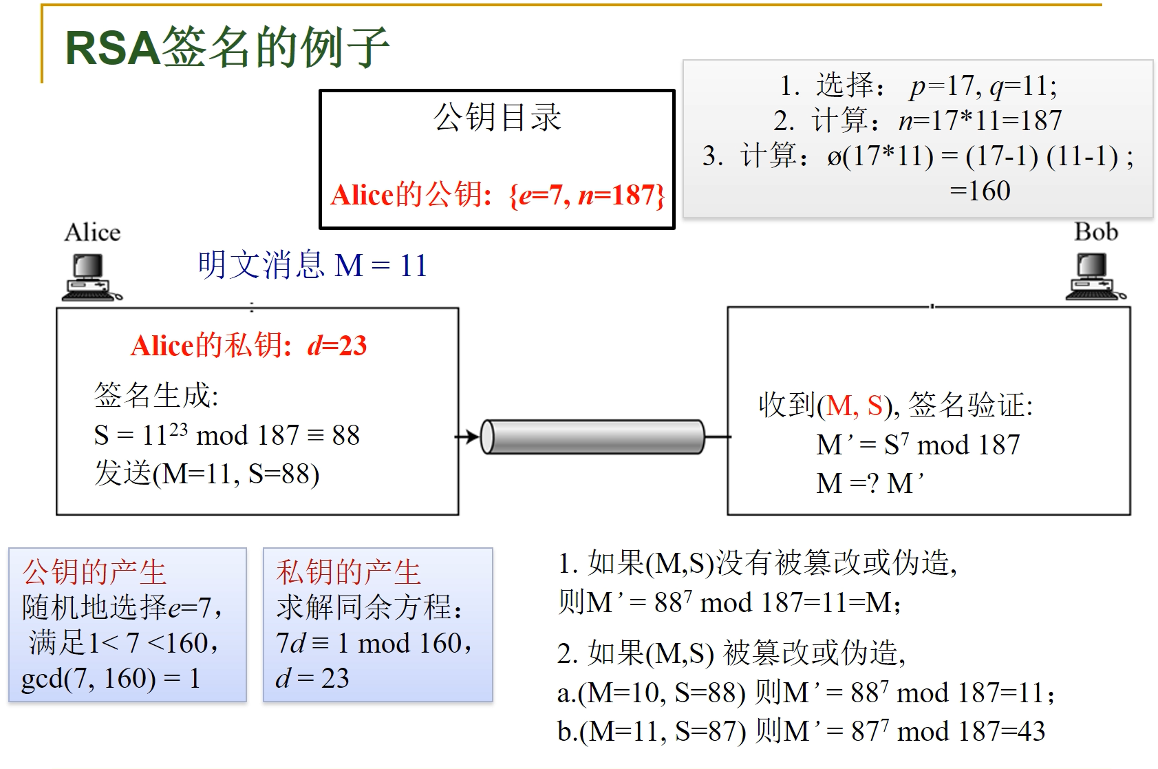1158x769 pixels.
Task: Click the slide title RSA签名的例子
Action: pyautogui.click(x=227, y=48)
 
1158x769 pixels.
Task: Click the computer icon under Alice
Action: pyautogui.click(x=91, y=277)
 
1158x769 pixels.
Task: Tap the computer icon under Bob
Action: pyautogui.click(x=1095, y=277)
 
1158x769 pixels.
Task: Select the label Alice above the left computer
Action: pyautogui.click(x=92, y=233)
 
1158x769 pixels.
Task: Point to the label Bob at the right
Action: pyautogui.click(x=1095, y=232)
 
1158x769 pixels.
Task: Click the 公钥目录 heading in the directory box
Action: pyautogui.click(x=497, y=117)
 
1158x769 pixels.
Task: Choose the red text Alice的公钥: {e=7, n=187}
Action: pyautogui.click(x=497, y=196)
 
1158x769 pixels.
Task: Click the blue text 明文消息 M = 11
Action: pyautogui.click(x=312, y=266)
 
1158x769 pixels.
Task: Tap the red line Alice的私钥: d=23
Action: pyautogui.click(x=248, y=346)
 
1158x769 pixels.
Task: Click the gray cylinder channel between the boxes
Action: pyautogui.click(x=592, y=436)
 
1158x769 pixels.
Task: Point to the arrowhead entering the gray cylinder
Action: pyautogui.click(x=473, y=436)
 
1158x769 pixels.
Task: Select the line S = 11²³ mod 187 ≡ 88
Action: pyautogui.click(x=226, y=435)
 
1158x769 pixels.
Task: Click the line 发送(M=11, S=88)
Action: pyautogui.click(x=206, y=474)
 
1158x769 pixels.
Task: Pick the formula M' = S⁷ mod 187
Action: pyautogui.click(x=918, y=445)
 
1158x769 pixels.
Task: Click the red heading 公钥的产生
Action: pyautogui.click(x=94, y=572)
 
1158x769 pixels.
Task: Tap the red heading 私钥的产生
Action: pyautogui.click(x=348, y=572)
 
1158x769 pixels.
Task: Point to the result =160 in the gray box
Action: pyautogui.click(x=980, y=191)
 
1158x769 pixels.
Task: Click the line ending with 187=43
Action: pyautogui.click(x=801, y=731)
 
